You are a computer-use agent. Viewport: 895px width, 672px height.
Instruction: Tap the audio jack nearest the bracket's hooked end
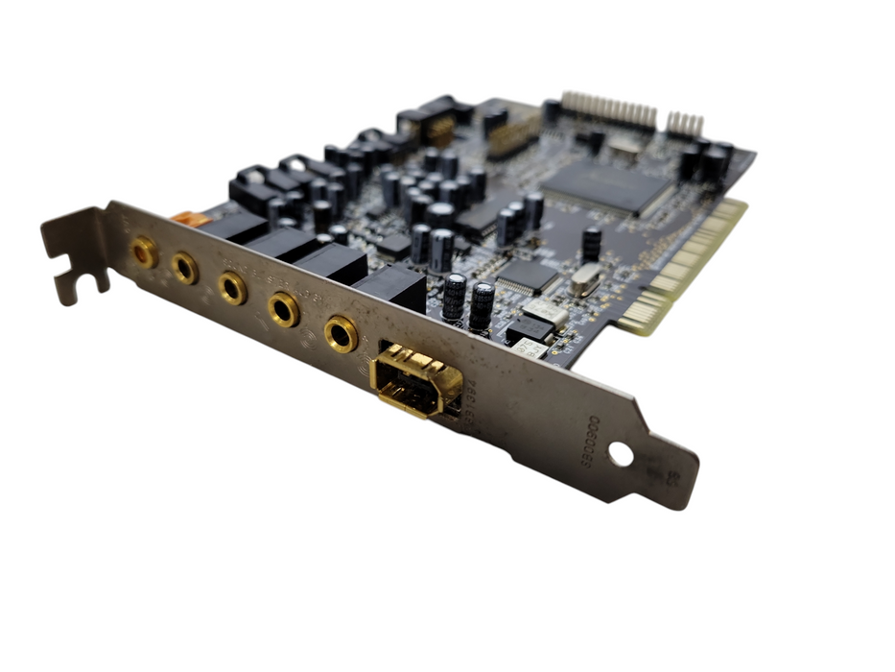click(145, 252)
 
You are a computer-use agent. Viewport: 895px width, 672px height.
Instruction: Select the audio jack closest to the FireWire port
click(341, 333)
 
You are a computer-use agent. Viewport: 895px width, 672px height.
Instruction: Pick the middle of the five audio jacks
click(232, 287)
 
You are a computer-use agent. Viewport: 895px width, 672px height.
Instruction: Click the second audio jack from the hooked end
click(185, 269)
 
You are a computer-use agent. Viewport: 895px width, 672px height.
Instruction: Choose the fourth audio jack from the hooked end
click(284, 309)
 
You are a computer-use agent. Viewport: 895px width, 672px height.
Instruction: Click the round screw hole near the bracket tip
click(621, 454)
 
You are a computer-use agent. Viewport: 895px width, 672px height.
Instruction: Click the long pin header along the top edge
click(609, 111)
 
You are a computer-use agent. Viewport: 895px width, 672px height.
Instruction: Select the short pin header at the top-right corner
click(685, 124)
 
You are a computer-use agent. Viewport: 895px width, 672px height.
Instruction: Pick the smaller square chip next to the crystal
click(528, 276)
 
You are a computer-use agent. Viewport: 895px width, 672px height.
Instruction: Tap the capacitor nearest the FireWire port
click(481, 305)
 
